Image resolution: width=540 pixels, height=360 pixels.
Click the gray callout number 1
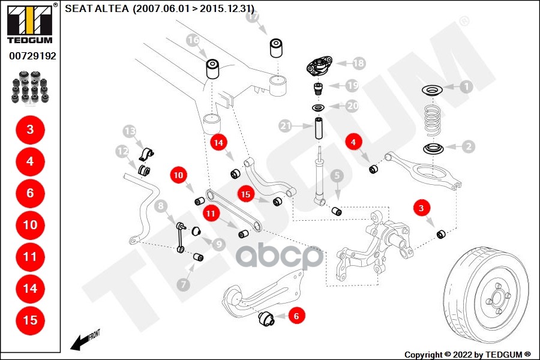466,86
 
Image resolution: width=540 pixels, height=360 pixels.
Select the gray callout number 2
468,145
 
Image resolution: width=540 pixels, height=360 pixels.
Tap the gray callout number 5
337,175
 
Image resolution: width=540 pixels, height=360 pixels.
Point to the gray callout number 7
184,283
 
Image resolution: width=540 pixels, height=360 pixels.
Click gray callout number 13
130,130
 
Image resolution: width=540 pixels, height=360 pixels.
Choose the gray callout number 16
193,41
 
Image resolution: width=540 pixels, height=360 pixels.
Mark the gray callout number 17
253,17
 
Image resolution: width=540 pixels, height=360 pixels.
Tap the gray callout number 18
358,62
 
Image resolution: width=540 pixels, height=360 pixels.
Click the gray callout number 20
352,106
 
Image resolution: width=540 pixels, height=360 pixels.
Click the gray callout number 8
161,207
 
